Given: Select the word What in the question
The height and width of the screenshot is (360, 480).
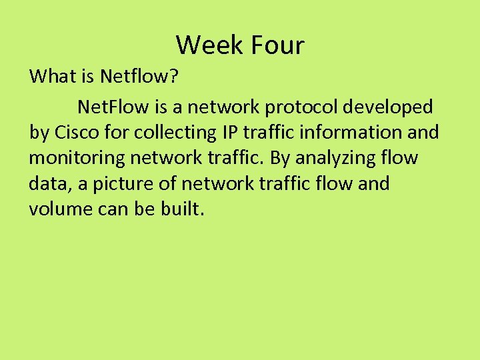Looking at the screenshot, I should click(53, 76).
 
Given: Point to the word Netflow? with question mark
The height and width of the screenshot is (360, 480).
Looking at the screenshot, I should click(139, 76).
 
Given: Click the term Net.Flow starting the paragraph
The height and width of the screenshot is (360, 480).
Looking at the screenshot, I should click(109, 106).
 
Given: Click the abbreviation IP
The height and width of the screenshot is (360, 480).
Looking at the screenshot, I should click(229, 132).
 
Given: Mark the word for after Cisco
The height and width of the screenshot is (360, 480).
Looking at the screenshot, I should click(120, 132).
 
